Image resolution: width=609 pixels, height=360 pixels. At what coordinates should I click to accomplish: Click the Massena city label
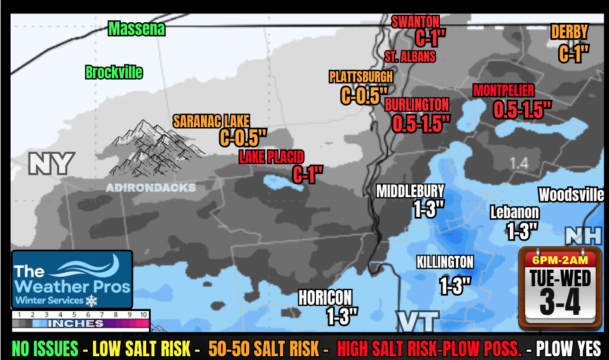pos(136,29)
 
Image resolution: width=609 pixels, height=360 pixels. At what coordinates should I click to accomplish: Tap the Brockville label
pos(114,72)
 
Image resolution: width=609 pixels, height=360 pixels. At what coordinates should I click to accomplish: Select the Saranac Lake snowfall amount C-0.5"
pos(243,137)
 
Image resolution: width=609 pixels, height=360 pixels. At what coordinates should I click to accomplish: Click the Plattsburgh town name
pos(360,77)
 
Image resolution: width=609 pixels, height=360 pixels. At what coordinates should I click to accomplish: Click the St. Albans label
pos(410,57)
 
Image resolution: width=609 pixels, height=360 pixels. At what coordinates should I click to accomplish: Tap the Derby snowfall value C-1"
pos(574,53)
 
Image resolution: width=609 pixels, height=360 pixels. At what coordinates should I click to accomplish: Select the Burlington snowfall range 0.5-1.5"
pos(421,123)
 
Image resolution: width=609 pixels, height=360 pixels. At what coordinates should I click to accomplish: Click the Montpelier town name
pos(503,91)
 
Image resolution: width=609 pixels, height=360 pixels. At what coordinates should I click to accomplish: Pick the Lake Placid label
pos(271,156)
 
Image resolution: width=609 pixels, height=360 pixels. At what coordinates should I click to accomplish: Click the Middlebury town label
pos(410,191)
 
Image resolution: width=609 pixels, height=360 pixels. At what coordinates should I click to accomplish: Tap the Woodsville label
pos(571,195)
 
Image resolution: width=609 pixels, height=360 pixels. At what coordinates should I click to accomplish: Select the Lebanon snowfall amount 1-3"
pos(522,230)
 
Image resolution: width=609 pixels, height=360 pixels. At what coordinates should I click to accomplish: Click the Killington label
pos(445,262)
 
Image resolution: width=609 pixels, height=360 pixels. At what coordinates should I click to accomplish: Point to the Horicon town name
pos(325,297)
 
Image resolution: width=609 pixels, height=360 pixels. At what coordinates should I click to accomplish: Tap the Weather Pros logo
pos(71,279)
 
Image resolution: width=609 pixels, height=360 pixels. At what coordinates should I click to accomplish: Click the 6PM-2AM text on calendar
pos(559,260)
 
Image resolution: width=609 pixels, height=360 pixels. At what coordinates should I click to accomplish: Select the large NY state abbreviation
pos(51,164)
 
